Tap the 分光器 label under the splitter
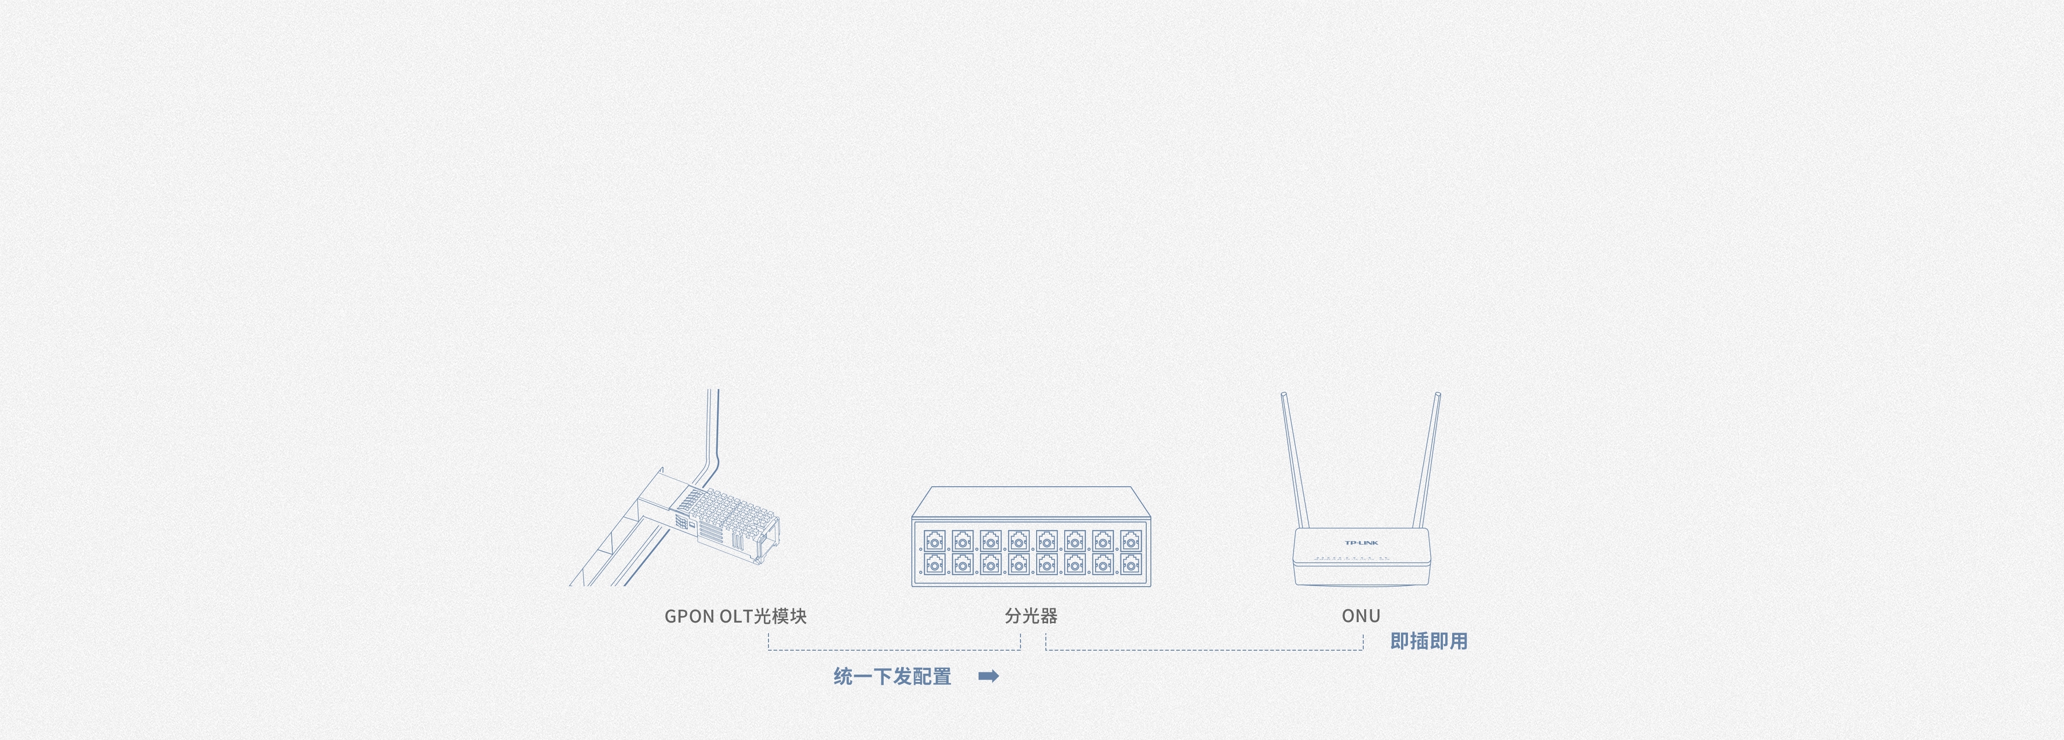pyautogui.click(x=1031, y=616)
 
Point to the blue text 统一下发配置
pyautogui.click(x=892, y=677)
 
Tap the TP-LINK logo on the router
pyautogui.click(x=1360, y=543)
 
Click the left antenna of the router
pyautogui.click(x=1294, y=460)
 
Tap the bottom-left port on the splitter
pyautogui.click(x=934, y=565)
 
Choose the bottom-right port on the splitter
pyautogui.click(x=1131, y=565)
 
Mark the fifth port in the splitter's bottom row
pyautogui.click(x=1046, y=565)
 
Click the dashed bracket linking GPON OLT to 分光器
pyautogui.click(x=894, y=649)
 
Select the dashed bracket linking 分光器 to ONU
pyautogui.click(x=1204, y=649)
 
